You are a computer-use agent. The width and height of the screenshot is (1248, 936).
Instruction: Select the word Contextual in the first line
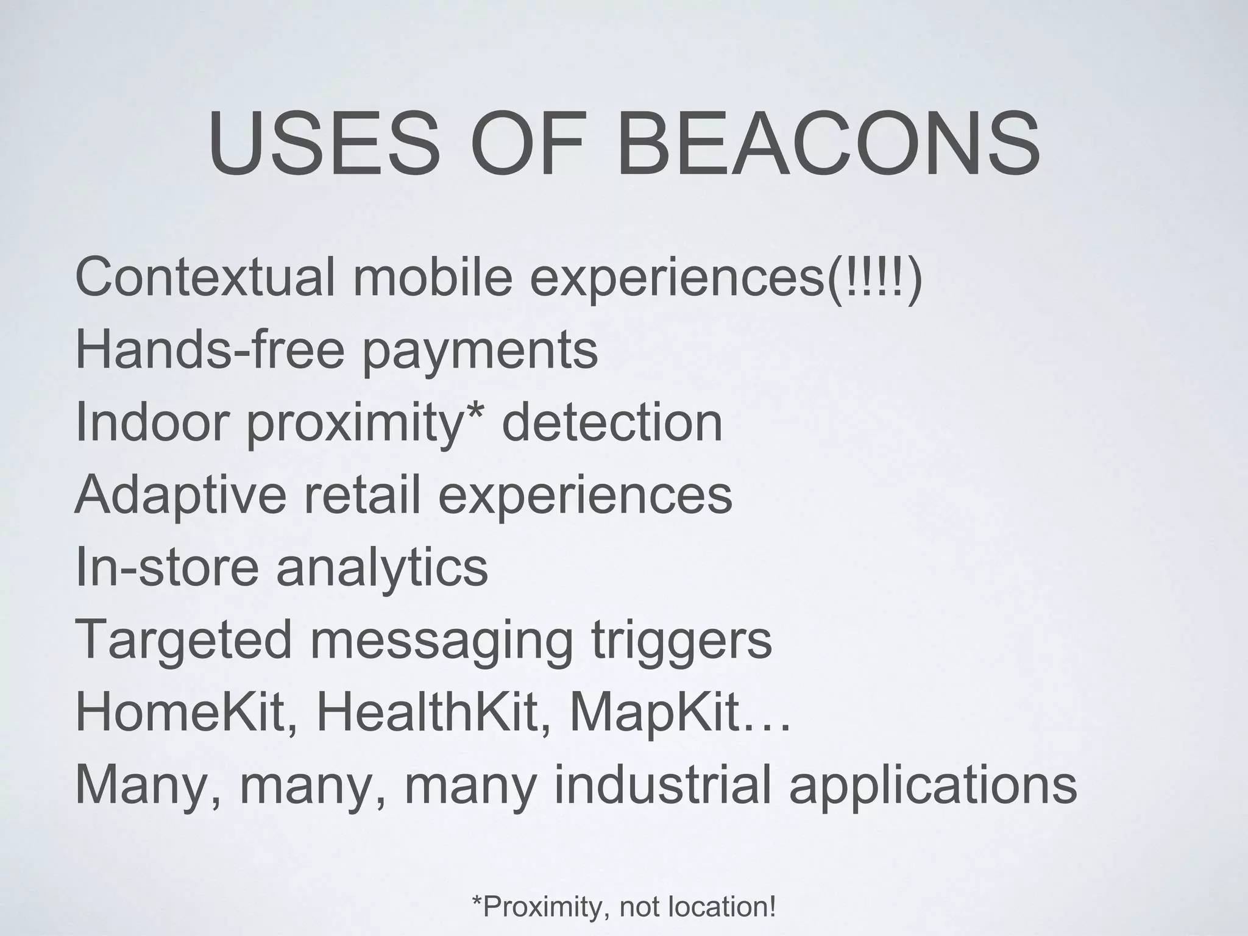tap(205, 277)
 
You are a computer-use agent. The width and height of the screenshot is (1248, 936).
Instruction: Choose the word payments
tap(480, 352)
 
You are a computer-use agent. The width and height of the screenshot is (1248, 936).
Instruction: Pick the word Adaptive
tap(180, 495)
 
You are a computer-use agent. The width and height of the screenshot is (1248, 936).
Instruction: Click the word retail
tap(362, 494)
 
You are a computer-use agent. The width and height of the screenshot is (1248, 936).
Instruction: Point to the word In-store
tap(167, 567)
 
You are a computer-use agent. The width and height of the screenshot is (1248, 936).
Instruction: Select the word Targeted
tap(183, 640)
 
